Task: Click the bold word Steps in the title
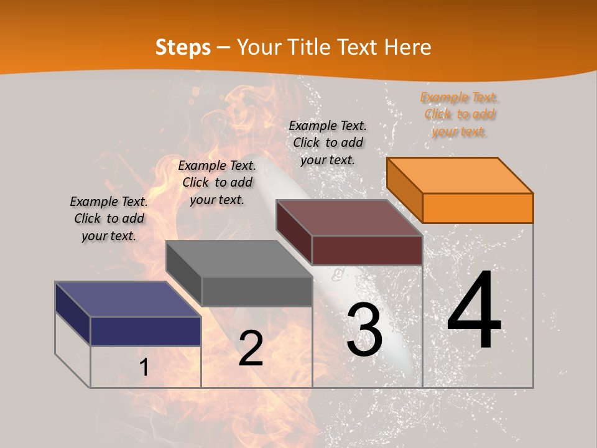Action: coord(183,47)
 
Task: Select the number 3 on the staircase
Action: coord(364,330)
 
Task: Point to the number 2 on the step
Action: coord(251,348)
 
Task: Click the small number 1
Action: coord(144,368)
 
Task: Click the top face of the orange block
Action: coord(460,175)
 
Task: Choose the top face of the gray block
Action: coord(239,259)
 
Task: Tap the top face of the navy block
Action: coord(128,299)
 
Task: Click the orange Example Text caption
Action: coord(460,114)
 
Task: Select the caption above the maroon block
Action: coord(328,142)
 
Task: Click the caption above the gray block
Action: coord(217,182)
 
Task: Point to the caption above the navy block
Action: coord(109,218)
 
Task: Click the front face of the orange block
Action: coord(478,208)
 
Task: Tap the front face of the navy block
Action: coord(146,331)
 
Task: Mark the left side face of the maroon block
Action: coord(294,233)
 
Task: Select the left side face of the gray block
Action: coord(183,274)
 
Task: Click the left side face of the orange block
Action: coord(404,190)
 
